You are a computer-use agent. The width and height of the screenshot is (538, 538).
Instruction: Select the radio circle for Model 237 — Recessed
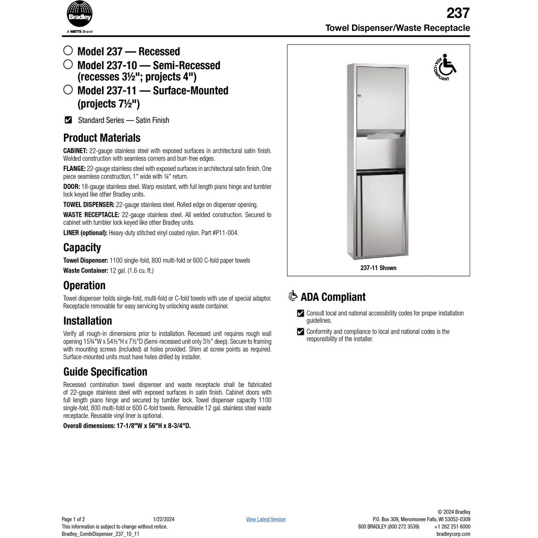(68, 51)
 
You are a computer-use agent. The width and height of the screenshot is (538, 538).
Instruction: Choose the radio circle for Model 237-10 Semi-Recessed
(68, 64)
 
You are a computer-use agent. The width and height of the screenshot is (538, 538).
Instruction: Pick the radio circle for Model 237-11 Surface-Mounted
(68, 90)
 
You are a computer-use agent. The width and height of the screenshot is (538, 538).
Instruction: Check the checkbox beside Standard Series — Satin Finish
(68, 120)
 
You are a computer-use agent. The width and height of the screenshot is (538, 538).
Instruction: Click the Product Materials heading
(102, 138)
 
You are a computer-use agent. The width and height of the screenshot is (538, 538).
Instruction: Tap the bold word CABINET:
(75, 151)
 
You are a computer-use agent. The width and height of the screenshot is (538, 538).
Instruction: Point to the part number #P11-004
(227, 233)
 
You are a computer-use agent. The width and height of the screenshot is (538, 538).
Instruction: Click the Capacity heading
(82, 247)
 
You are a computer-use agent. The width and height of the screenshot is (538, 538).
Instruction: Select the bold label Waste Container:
(85, 271)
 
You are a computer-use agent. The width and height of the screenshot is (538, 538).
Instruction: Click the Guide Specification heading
(105, 371)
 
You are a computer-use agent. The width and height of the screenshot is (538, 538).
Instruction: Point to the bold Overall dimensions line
(127, 426)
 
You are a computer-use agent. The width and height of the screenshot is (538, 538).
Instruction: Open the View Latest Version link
(265, 520)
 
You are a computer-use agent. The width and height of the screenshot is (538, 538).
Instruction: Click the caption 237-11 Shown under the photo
(378, 268)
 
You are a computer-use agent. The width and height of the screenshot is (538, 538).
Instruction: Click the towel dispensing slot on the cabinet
(382, 137)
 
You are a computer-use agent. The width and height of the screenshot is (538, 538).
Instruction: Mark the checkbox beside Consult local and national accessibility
(301, 313)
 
